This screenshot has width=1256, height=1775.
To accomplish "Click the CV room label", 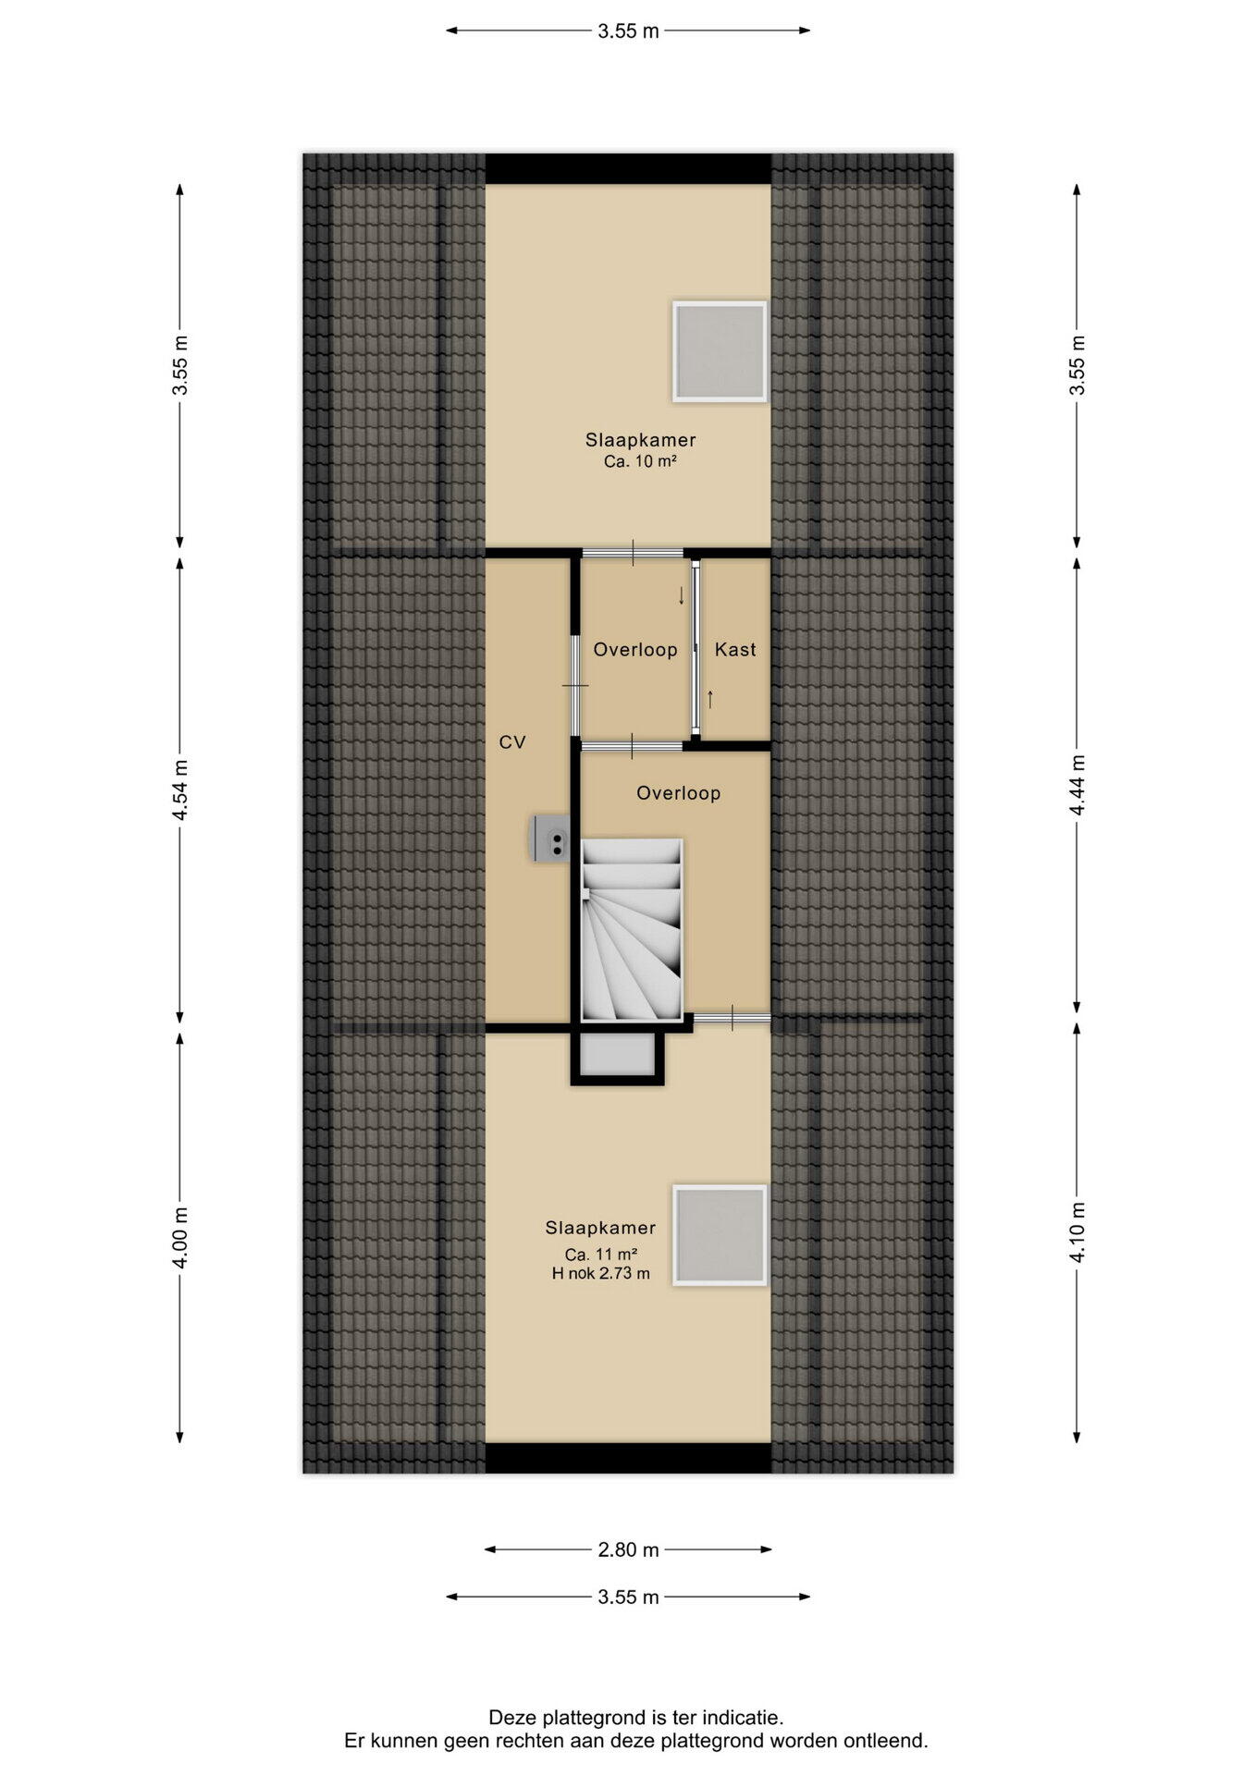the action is pyautogui.click(x=512, y=741).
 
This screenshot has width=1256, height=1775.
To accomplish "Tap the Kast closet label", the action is pyautogui.click(x=735, y=650).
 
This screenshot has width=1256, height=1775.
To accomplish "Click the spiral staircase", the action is pyautogui.click(x=632, y=929).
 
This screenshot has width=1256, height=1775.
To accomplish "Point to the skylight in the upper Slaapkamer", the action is pyautogui.click(x=720, y=351).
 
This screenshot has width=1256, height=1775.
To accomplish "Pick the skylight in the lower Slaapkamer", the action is pyautogui.click(x=720, y=1235).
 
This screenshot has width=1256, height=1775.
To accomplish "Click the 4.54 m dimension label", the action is pyautogui.click(x=180, y=790).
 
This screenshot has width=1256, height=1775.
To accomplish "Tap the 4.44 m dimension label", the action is pyautogui.click(x=1077, y=785).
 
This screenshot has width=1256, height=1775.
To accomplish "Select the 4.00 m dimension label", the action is pyautogui.click(x=180, y=1238).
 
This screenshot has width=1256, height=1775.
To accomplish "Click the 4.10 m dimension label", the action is pyautogui.click(x=1077, y=1232).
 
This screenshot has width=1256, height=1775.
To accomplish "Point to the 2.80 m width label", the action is pyautogui.click(x=629, y=1549).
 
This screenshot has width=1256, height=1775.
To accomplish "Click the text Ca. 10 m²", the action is pyautogui.click(x=640, y=461).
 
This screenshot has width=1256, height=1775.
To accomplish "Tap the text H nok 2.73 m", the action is pyautogui.click(x=601, y=1273).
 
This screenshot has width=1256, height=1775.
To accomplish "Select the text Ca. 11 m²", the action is pyautogui.click(x=601, y=1255).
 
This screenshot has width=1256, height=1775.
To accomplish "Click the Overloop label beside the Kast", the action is pyautogui.click(x=635, y=650).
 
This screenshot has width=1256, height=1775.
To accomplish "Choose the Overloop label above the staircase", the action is pyautogui.click(x=679, y=793).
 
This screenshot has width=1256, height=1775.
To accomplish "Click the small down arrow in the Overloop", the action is pyautogui.click(x=682, y=595).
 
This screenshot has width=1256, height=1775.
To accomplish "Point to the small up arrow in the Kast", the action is pyautogui.click(x=710, y=699).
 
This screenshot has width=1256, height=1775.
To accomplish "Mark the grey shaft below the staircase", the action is pyautogui.click(x=618, y=1055).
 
